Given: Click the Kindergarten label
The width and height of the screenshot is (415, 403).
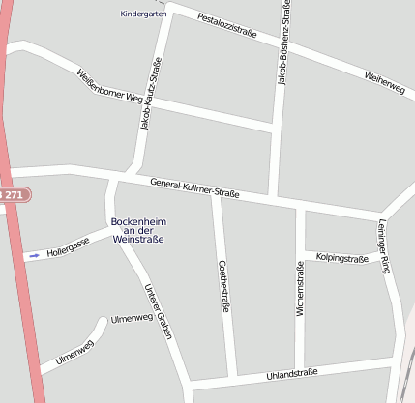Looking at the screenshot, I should click(x=143, y=14).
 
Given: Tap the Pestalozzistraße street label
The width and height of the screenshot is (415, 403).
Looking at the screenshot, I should click(x=226, y=26).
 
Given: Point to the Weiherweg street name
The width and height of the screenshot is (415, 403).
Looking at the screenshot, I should click(x=384, y=82).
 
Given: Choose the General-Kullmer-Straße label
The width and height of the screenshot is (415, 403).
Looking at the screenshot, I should click(x=194, y=187).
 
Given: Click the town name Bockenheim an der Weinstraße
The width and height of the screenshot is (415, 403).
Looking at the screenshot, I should click(x=137, y=230).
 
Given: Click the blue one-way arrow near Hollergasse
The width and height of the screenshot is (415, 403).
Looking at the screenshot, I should click(x=34, y=256).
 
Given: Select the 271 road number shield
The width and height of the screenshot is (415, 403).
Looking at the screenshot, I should click(x=13, y=195).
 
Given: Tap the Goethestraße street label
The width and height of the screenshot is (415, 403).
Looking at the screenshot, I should click(x=223, y=286).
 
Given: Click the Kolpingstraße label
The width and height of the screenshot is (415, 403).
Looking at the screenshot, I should click(x=342, y=259).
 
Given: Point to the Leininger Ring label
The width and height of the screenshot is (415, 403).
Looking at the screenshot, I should click(x=383, y=246).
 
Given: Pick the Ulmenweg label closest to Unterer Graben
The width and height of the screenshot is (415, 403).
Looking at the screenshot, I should click(x=132, y=318).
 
